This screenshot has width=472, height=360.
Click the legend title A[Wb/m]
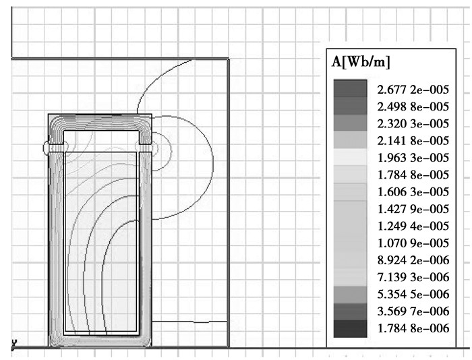[x=361, y=62]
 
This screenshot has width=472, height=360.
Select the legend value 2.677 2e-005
[x=413, y=90]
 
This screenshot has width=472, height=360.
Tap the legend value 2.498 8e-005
[x=413, y=107]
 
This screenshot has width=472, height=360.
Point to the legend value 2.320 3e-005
[x=413, y=124]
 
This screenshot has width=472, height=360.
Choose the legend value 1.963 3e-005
[x=413, y=158]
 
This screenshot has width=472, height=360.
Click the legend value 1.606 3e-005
[x=413, y=191]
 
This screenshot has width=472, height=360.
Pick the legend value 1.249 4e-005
[x=413, y=226]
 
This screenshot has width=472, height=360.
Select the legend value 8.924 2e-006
[x=413, y=260]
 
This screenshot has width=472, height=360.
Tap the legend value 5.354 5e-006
[x=413, y=294]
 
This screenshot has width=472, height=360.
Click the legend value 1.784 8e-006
[x=413, y=328]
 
